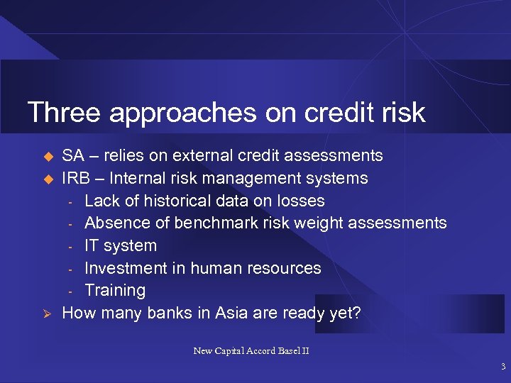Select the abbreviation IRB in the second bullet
[77, 178]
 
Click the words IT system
[120, 245]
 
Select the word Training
[114, 290]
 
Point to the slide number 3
[502, 367]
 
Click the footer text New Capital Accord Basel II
[251, 350]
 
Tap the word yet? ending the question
[344, 313]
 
